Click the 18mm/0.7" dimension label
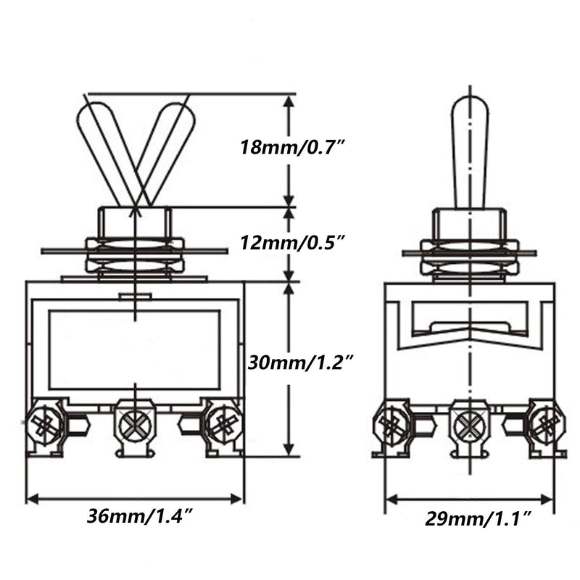pyautogui.click(x=291, y=147)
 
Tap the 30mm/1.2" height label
pyautogui.click(x=301, y=360)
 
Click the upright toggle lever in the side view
pyautogui.click(x=470, y=151)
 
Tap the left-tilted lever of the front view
pyautogui.click(x=108, y=149)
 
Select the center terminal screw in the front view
pyautogui.click(x=135, y=424)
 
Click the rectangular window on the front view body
pyautogui.click(x=135, y=349)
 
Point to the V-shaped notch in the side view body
pyautogui.click(x=469, y=335)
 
